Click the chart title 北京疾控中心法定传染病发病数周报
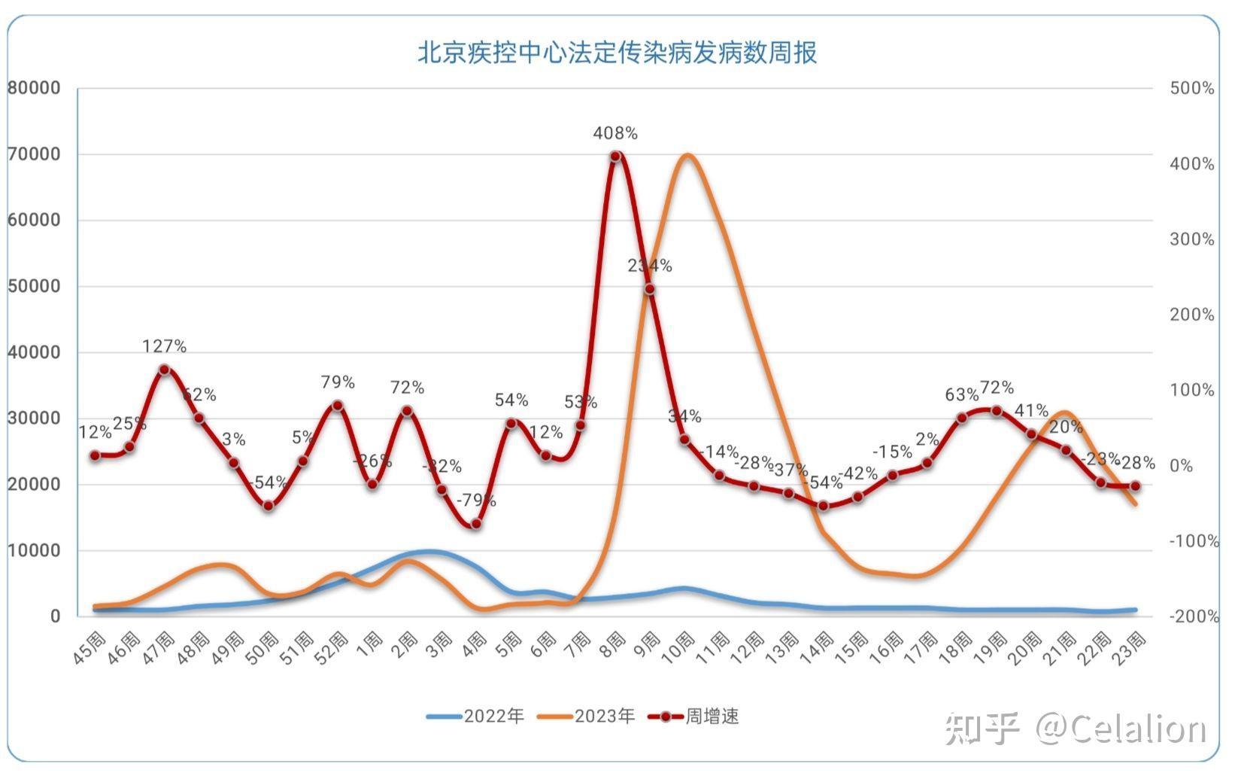coord(617,53)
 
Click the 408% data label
coord(615,133)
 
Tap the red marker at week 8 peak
coord(615,157)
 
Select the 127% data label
coord(164,346)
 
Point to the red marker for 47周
coord(164,370)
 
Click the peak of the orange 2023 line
coord(686,155)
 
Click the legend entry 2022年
coord(475,716)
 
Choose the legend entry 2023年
coord(587,716)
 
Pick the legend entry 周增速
coord(694,716)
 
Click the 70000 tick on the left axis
coord(34,154)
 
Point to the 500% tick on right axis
coord(1191,88)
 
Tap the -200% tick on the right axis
coord(1193,616)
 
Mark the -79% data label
coord(476,501)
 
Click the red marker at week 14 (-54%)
coord(823,506)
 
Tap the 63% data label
coord(962,394)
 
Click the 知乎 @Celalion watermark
coord(1076,729)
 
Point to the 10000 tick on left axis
coord(34,550)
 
